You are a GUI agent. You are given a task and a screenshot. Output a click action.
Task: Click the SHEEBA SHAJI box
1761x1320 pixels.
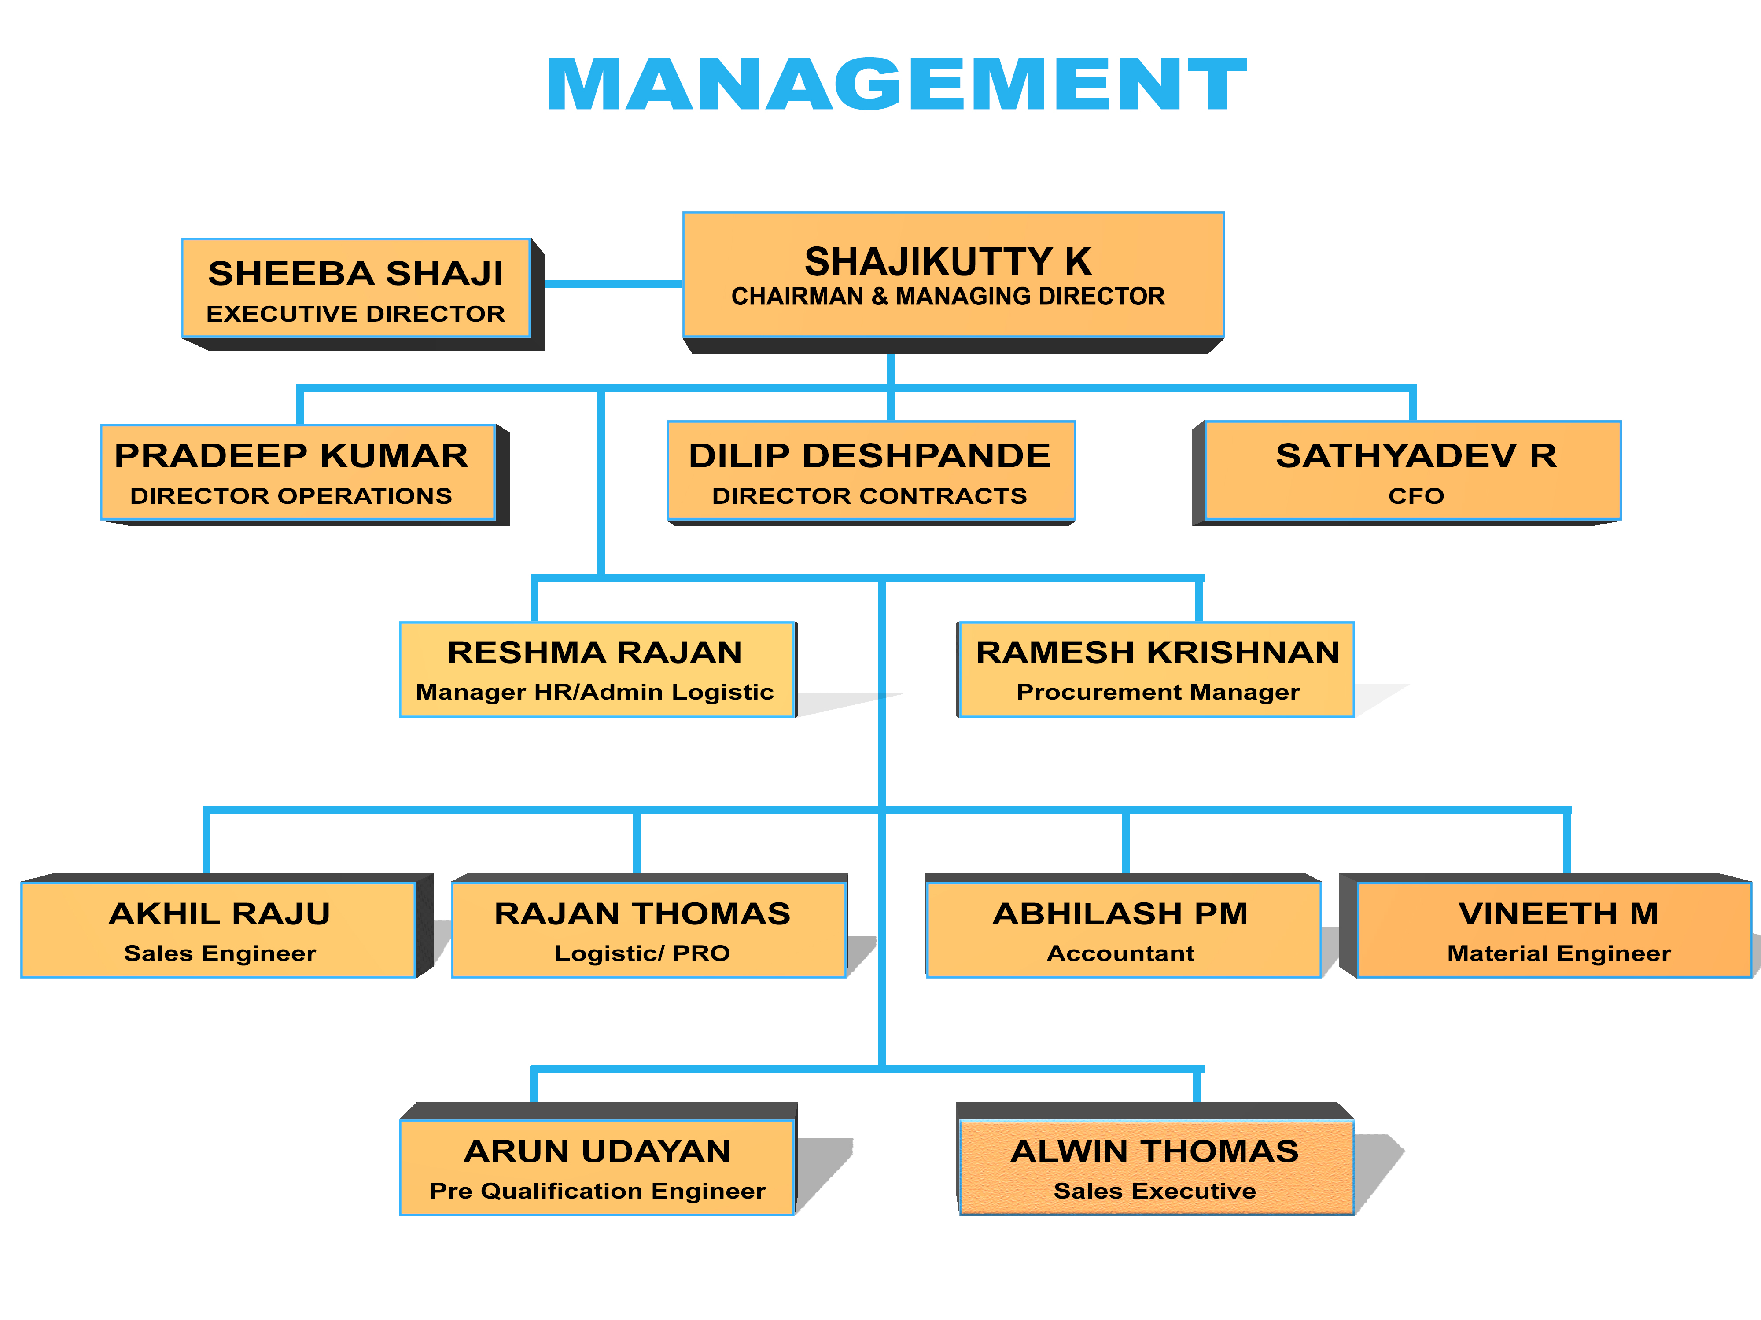(356, 288)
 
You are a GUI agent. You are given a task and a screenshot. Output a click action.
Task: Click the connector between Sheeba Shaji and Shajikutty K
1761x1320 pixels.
(613, 283)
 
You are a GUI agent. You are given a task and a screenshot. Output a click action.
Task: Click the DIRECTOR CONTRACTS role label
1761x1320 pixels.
(869, 496)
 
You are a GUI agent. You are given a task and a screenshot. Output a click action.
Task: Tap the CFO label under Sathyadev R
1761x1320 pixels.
(1415, 496)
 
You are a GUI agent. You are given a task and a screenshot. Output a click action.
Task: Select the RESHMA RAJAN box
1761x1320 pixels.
(596, 669)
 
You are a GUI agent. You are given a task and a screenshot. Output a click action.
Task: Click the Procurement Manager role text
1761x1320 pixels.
(1157, 692)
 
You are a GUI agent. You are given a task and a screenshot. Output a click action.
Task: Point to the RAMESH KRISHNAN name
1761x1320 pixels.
(1157, 653)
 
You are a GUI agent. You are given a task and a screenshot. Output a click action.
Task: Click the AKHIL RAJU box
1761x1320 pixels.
(219, 929)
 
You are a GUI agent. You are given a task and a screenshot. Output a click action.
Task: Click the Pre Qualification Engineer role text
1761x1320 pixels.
(597, 1191)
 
